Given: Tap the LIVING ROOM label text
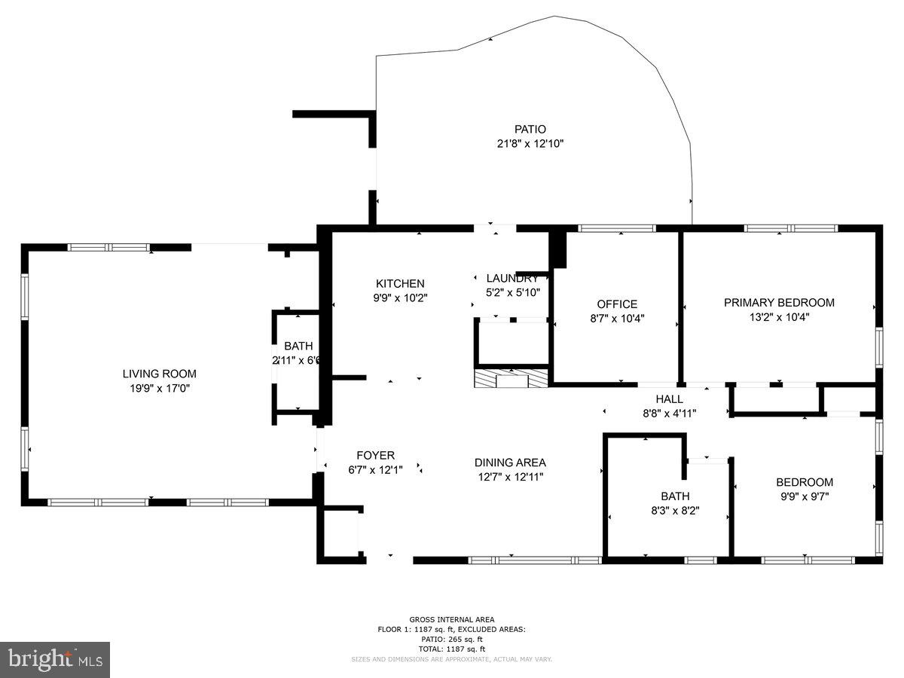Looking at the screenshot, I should pos(159,374).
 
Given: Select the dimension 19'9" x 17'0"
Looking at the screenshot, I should pos(159,389).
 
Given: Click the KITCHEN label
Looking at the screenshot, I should pos(400,283).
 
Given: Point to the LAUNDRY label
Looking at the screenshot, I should pos(512,278).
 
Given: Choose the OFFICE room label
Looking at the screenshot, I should pos(617,304).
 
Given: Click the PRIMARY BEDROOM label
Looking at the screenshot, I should pos(779,303).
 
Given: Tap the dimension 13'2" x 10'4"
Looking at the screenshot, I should pos(779,317).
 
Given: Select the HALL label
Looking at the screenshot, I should pos(669,399).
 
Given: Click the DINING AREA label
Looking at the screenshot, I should pos(510,463).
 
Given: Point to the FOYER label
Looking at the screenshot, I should pos(375,455).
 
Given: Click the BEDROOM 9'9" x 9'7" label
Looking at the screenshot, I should pos(805,482).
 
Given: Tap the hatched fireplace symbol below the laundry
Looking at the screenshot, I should pos(512,378).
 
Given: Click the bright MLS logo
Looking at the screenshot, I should pos(55,660).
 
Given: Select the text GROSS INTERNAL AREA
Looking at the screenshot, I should pos(452,619).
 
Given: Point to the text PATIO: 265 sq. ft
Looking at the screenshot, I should pos(452,639).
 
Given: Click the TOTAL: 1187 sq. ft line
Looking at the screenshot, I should pos(452,649).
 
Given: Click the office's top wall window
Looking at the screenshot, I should pos(617,228).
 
